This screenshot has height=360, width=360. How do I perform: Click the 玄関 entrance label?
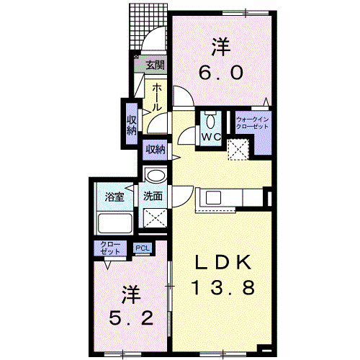pyautogui.click(x=156, y=65)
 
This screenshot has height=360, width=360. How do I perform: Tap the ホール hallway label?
pyautogui.click(x=156, y=97)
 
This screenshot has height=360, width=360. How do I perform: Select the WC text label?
pyautogui.click(x=211, y=138)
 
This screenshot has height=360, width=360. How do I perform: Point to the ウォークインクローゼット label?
pyautogui.click(x=252, y=123)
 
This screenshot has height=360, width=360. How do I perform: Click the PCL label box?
pyautogui.click(x=143, y=248)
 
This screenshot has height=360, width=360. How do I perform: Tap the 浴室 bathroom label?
pyautogui.click(x=114, y=197)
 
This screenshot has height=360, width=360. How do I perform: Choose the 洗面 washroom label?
pyautogui.click(x=153, y=196)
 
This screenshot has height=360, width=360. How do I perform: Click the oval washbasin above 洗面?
pyautogui.click(x=156, y=176)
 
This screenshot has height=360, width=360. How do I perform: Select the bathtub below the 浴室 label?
pyautogui.click(x=115, y=223)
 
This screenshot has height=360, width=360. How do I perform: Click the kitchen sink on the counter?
pyautogui.click(x=213, y=198)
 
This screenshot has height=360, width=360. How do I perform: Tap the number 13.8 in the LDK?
pyautogui.click(x=222, y=288)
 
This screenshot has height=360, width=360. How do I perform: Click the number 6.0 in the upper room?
pyautogui.click(x=221, y=73)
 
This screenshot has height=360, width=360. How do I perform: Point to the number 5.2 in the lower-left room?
pyautogui.click(x=131, y=318)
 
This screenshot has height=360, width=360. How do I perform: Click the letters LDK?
pyautogui.click(x=224, y=262)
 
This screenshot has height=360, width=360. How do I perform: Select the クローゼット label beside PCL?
pyautogui.click(x=110, y=248)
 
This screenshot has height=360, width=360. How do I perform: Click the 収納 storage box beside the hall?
pyautogui.click(x=132, y=125)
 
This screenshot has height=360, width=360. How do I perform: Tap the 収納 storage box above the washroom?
pyautogui.click(x=155, y=150)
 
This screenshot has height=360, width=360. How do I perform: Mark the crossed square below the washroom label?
pyautogui.click(x=155, y=218)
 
